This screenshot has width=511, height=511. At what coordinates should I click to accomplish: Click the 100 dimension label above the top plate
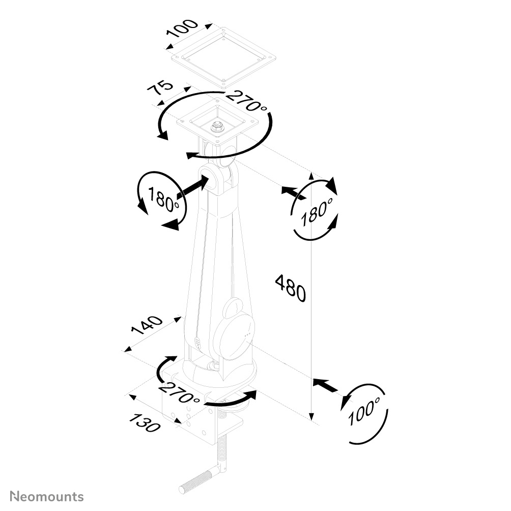point(182,29)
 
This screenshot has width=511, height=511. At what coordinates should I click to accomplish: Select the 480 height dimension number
point(291,288)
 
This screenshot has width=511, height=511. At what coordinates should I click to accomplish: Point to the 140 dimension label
point(146,325)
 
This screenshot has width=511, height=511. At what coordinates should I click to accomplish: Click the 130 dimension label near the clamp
point(145,422)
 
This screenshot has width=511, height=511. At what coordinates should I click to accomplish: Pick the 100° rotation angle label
point(364,411)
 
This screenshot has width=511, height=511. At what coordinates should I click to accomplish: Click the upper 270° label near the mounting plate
point(247,100)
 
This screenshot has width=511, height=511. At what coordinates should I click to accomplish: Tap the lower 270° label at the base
point(179,392)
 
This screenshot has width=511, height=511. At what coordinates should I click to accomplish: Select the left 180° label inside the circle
point(164,199)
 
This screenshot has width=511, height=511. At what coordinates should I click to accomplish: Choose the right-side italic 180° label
point(317,212)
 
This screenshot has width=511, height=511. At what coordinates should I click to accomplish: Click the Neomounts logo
point(47,496)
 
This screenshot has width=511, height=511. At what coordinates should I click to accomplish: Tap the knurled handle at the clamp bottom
point(196,480)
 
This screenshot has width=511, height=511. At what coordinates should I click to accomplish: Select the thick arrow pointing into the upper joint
point(192,187)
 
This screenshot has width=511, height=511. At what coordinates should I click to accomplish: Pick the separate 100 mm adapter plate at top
point(224,58)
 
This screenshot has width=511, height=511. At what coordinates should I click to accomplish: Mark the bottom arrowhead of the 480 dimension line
point(311,416)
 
